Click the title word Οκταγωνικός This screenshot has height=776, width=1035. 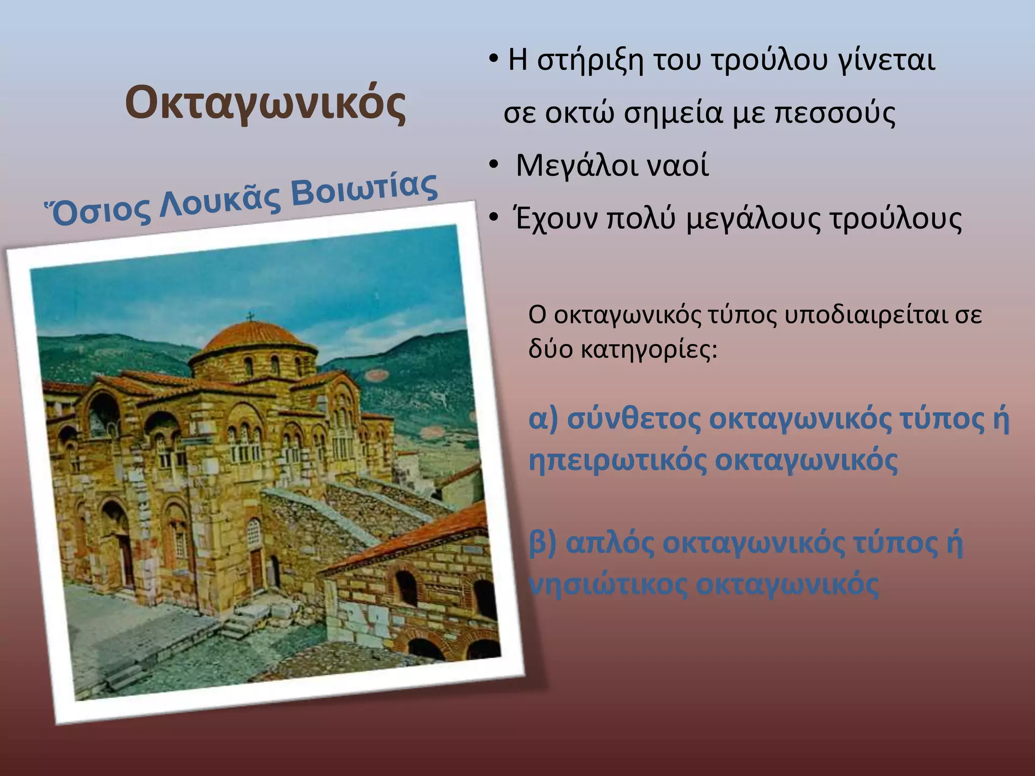[x=265, y=104]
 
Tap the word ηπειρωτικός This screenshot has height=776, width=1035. [x=617, y=461]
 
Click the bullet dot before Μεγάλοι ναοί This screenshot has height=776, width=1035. [x=494, y=165]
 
